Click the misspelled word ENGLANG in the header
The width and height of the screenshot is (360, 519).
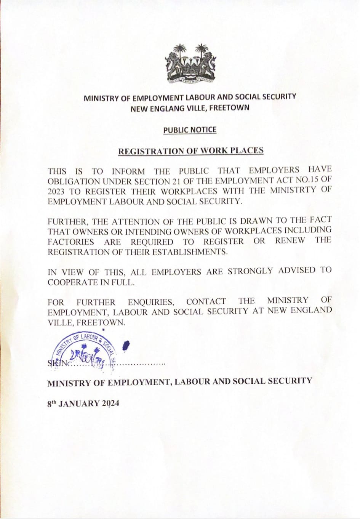tap(173, 108)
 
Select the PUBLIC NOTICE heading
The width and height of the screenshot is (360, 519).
tap(190, 130)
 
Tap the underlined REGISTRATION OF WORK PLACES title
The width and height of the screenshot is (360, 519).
tap(191, 151)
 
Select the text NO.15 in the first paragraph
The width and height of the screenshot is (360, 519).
tap(301, 180)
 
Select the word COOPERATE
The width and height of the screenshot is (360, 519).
tap(72, 282)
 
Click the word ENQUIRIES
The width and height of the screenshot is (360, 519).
tap(151, 303)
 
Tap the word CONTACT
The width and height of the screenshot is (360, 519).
tap(206, 302)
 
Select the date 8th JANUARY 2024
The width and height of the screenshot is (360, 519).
tap(83, 403)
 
